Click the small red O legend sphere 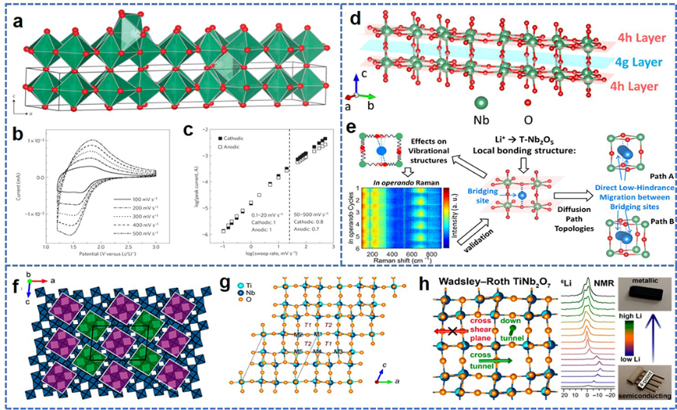(x=525, y=102)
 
